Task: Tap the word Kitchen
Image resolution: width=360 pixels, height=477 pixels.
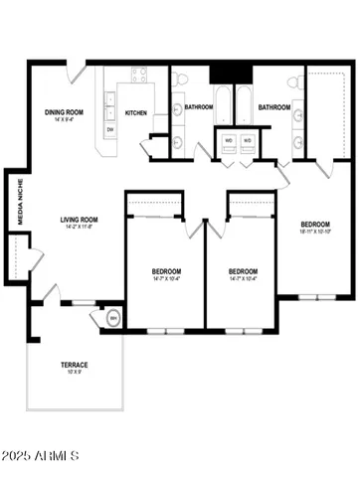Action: tap(136, 113)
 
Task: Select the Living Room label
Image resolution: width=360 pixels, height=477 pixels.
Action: tap(77, 221)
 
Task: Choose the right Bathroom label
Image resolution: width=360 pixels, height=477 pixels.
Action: tap(273, 107)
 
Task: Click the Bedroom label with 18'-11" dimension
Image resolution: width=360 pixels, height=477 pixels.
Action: tap(315, 225)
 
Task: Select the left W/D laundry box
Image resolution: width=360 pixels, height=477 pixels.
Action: tap(229, 140)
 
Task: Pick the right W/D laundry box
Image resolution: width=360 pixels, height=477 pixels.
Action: tap(248, 140)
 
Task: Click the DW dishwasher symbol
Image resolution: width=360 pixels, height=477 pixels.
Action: tap(109, 130)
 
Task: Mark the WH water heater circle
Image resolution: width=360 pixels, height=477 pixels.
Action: tap(112, 318)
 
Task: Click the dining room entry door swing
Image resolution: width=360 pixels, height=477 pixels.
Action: tap(77, 74)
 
